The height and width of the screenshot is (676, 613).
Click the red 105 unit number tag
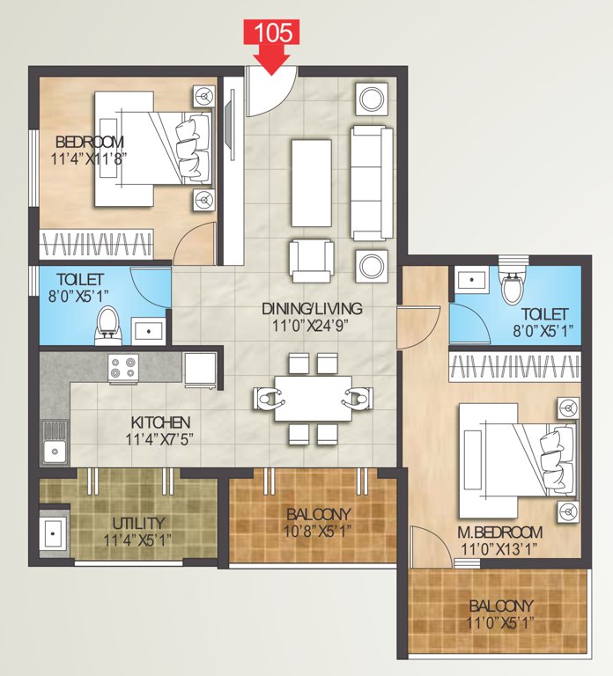[273, 33]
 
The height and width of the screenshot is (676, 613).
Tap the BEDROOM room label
[90, 142]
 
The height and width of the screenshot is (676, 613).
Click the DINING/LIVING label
[312, 309]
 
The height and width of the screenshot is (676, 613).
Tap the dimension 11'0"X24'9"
[312, 326]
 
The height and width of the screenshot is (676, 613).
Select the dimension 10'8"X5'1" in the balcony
[317, 530]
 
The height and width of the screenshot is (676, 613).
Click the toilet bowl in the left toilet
[107, 324]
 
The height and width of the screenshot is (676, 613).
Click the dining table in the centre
[313, 399]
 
